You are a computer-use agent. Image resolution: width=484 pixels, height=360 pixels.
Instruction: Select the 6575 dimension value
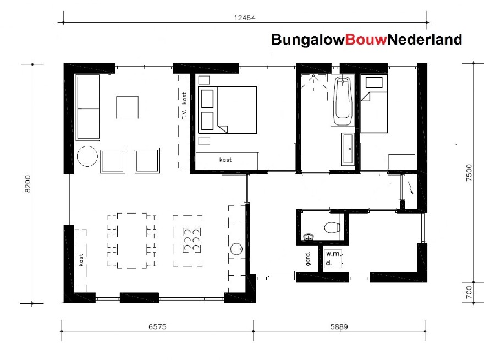(157, 326)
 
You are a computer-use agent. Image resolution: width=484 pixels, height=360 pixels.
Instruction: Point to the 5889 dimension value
(340, 326)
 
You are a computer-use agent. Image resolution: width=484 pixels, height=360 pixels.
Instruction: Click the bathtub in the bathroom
(343, 101)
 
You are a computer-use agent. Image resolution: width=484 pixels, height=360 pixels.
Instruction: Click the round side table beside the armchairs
(87, 156)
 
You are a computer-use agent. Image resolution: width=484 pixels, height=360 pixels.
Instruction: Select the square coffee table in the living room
(127, 107)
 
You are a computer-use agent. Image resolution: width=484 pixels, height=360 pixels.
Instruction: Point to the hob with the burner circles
(190, 241)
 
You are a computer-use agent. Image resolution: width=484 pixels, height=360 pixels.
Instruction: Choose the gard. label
(308, 258)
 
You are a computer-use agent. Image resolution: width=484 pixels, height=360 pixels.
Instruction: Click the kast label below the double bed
(225, 160)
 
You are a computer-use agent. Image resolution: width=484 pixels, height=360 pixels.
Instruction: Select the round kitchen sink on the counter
(237, 249)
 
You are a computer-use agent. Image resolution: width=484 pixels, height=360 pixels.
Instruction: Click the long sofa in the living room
(86, 107)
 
